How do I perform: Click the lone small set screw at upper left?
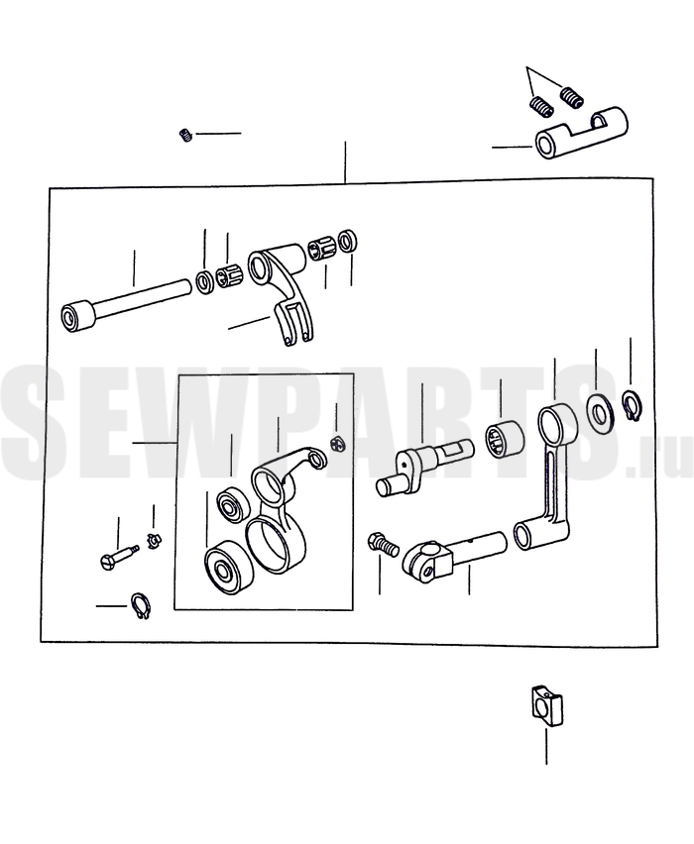click(x=185, y=135)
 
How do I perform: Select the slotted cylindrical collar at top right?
click(x=581, y=133)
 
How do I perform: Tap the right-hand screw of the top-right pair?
click(x=571, y=96)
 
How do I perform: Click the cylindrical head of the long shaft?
click(x=76, y=318)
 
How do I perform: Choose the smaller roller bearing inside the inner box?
click(x=234, y=504)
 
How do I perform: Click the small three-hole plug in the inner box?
click(x=337, y=444)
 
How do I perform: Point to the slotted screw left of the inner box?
click(x=120, y=556)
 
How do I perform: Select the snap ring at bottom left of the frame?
click(x=142, y=606)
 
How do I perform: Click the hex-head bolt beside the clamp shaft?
click(x=383, y=544)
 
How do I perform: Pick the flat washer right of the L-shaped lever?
click(x=599, y=414)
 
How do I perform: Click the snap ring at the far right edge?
click(x=633, y=405)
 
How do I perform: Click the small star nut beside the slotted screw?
click(x=154, y=539)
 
